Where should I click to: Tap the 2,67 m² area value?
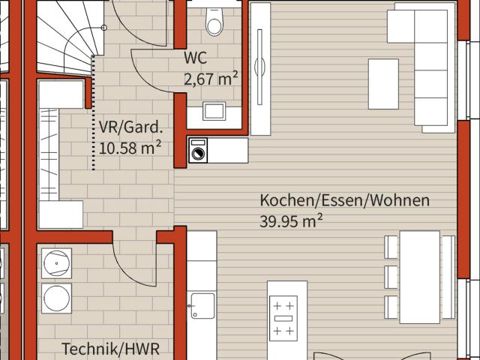pos(211,78)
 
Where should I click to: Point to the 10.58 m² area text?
pos(130,147)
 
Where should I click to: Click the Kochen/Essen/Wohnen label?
pos(344,200)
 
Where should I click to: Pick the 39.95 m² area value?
pos(292,220)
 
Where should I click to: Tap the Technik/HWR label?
pos(110,349)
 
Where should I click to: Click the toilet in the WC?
pos(215,22)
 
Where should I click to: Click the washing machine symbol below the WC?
pos(199,151)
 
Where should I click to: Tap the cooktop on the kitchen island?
pos(283,318)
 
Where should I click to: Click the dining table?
pos(420,277)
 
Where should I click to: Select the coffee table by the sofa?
pos(382,83)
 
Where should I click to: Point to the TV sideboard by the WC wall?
pos(260,67)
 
